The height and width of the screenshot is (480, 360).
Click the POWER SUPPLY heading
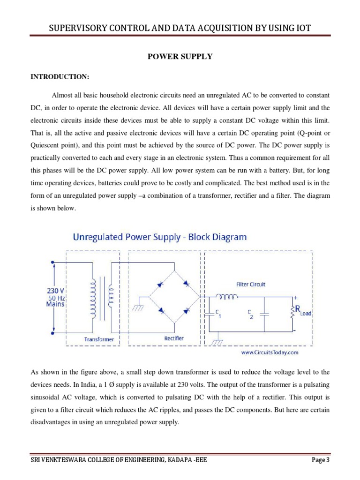[180, 57]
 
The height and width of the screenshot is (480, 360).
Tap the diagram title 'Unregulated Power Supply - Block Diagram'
[159, 237]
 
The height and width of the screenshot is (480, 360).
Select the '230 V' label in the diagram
[55, 291]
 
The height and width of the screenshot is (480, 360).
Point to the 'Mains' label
[55, 304]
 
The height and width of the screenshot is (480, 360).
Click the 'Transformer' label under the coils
[99, 338]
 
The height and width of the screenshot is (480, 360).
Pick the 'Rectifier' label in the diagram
[174, 338]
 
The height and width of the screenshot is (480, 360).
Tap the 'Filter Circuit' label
[251, 284]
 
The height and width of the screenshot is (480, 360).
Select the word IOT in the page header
[301, 30]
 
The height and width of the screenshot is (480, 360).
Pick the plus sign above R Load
[295, 298]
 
